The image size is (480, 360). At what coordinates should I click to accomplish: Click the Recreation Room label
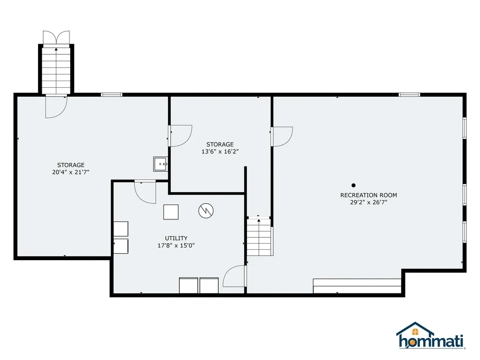pyautogui.click(x=368, y=195)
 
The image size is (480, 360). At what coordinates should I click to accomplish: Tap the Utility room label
pyautogui.click(x=176, y=238)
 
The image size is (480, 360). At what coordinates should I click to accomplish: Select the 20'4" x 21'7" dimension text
pyautogui.click(x=71, y=172)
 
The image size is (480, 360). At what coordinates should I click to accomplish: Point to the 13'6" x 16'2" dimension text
pyautogui.click(x=220, y=151)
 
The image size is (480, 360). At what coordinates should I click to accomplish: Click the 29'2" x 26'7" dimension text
pyautogui.click(x=368, y=202)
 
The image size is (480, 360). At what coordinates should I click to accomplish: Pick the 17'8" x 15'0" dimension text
pyautogui.click(x=176, y=246)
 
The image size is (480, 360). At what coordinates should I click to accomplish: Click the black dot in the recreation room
pyautogui.click(x=353, y=185)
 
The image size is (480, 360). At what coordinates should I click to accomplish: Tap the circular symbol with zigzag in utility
pyautogui.click(x=206, y=210)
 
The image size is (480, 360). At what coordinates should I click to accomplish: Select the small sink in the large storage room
pyautogui.click(x=160, y=164)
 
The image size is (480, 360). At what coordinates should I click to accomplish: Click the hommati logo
pyautogui.click(x=431, y=336)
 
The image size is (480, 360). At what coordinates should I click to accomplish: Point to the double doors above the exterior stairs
pyautogui.click(x=56, y=37)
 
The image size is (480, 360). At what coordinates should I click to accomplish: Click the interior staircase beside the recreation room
pyautogui.click(x=259, y=237)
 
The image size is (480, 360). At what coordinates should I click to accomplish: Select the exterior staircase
pyautogui.click(x=56, y=70)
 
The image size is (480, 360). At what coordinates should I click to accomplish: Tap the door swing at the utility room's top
pyautogui.click(x=145, y=192)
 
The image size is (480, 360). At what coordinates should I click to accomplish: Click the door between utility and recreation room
pyautogui.click(x=235, y=276)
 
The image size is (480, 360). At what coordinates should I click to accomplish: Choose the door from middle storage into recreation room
pyautogui.click(x=282, y=136)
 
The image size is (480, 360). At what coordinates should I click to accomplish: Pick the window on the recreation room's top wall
pyautogui.click(x=409, y=95)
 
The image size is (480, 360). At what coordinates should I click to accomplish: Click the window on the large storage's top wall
pyautogui.click(x=112, y=95)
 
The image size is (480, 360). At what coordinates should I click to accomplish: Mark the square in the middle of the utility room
pyautogui.click(x=171, y=212)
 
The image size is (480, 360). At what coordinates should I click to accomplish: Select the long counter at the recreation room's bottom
pyautogui.click(x=357, y=286)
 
